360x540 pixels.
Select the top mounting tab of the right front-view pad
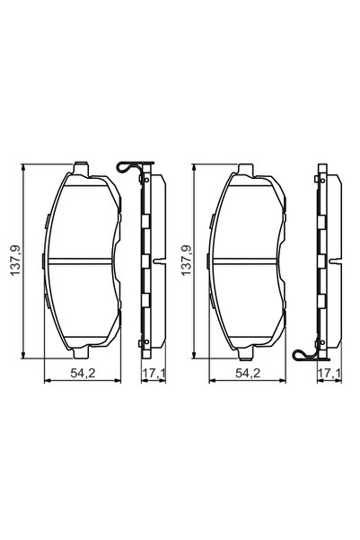coord(249,169)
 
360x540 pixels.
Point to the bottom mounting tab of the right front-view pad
coord(249,353)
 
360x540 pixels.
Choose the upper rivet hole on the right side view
coord(320,216)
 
